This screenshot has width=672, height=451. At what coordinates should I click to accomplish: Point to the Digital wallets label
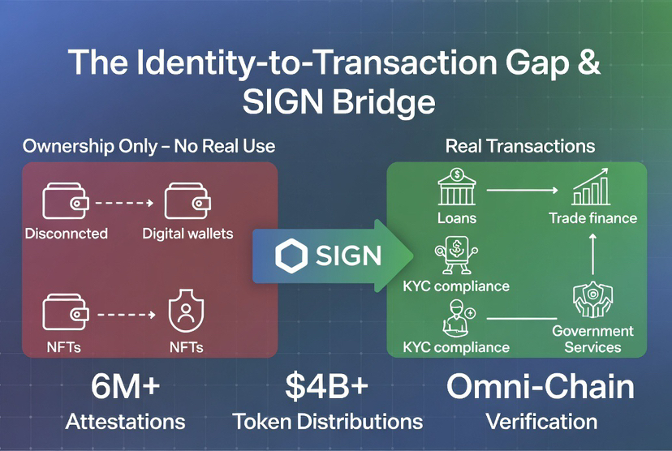pos(187,234)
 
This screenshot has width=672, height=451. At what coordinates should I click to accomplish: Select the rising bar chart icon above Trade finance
pos(592,188)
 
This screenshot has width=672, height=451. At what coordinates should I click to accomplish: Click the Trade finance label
pos(592,217)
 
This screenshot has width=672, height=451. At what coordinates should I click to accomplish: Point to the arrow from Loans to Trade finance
pos(521,191)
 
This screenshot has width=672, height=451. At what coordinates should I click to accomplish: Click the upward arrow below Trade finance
pos(592,252)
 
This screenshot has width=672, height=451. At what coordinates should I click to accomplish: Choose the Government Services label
pos(592,339)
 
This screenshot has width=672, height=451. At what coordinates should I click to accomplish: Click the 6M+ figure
pos(125,387)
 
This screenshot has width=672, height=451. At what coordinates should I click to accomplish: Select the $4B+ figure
pos(327,387)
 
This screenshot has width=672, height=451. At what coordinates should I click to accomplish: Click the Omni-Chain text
pos(541,387)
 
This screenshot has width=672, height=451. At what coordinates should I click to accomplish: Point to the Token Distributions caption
pos(327,421)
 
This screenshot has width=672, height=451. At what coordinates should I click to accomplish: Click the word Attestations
pos(125,421)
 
